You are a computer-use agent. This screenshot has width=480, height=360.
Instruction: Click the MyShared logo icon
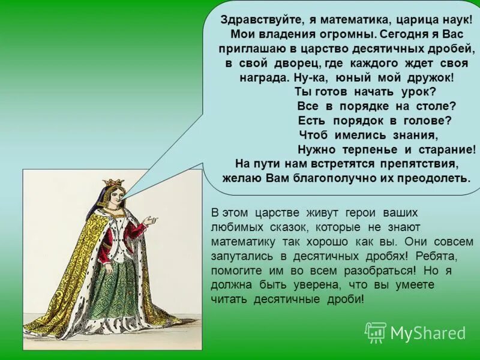376,332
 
